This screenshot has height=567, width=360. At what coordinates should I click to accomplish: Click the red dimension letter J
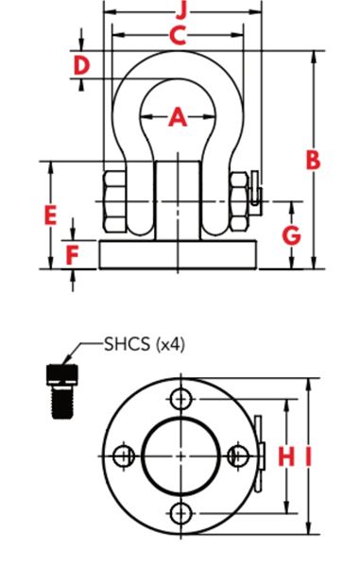click(182, 12)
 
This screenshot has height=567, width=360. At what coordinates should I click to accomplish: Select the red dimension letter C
click(178, 36)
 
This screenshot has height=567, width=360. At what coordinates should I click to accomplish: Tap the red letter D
click(81, 66)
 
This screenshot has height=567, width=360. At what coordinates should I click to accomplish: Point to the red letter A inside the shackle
click(178, 117)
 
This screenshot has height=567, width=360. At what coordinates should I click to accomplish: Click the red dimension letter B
click(313, 160)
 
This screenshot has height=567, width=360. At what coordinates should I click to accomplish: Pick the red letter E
click(50, 215)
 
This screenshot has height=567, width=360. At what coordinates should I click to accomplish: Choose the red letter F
click(73, 255)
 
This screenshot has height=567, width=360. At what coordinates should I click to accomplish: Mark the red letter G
click(291, 235)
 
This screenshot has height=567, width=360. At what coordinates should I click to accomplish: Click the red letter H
click(286, 456)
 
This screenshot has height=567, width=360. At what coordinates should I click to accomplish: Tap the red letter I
click(308, 456)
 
